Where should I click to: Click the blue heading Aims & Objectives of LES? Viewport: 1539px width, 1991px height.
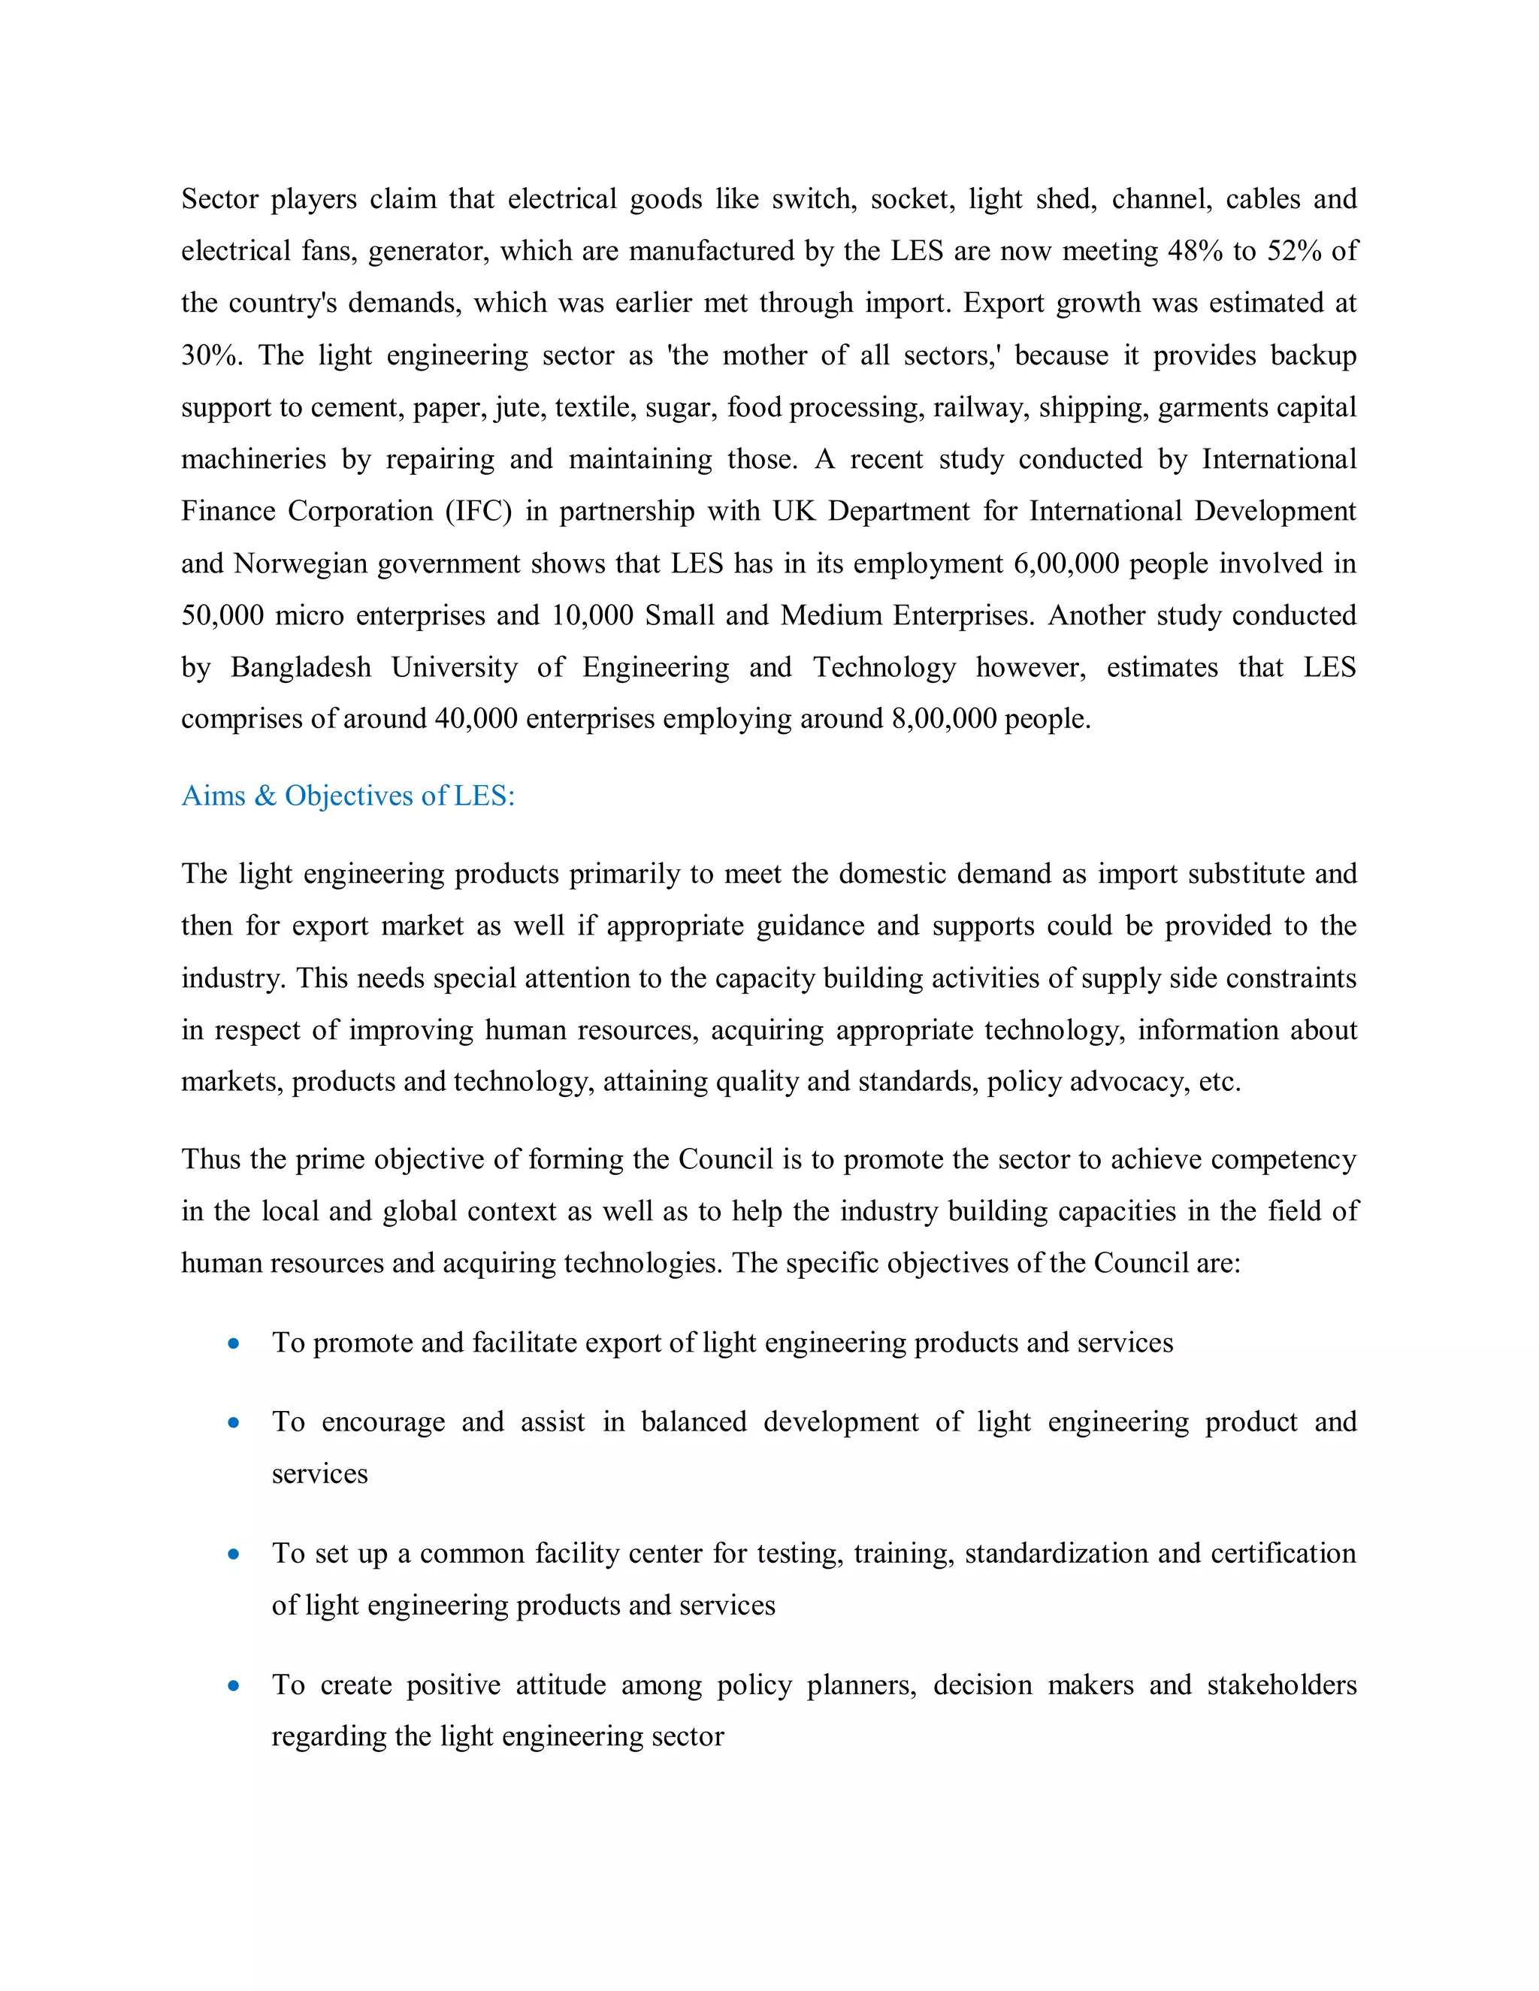coord(347,796)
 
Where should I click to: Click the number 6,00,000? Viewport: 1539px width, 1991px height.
coord(1066,563)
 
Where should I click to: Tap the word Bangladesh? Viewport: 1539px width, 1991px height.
coord(301,667)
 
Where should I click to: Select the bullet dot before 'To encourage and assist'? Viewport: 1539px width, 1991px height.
coord(234,1422)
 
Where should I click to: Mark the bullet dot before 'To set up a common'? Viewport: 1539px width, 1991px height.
coord(234,1554)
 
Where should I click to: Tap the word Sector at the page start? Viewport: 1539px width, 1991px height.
coord(219,199)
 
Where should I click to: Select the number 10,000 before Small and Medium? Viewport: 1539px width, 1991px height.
coord(591,615)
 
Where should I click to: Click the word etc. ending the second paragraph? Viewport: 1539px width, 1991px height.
coord(1219,1082)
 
